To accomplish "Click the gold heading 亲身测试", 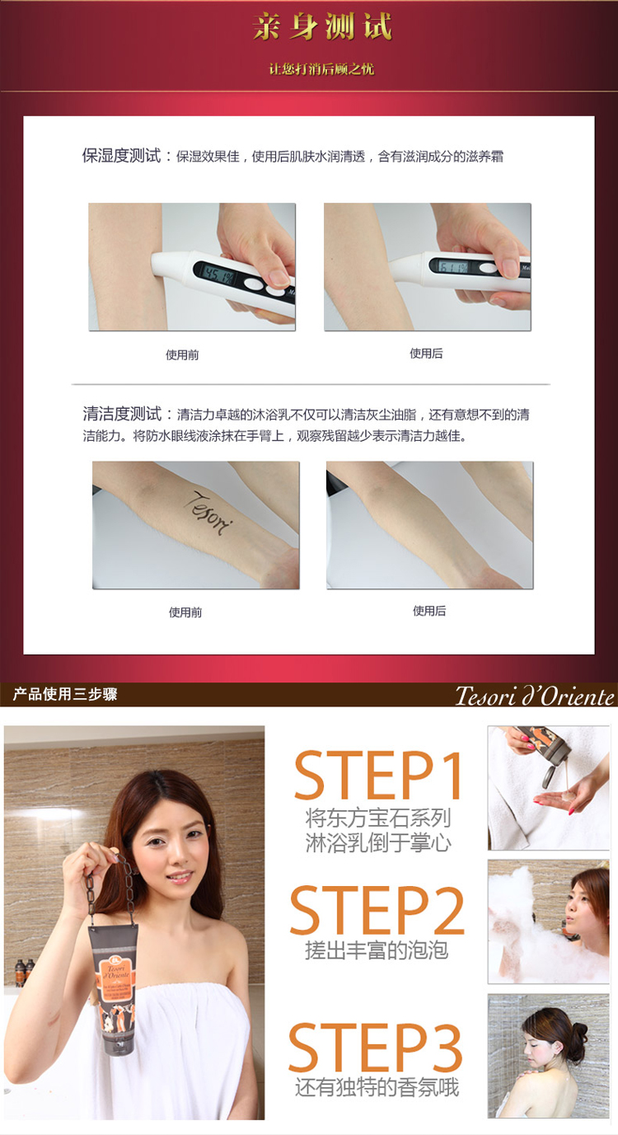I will pyautogui.click(x=322, y=28).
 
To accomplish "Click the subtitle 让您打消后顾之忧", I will pyautogui.click(x=321, y=69).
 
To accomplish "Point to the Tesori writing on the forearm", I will pyautogui.click(x=212, y=512).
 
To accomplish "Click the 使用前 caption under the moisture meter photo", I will pyautogui.click(x=182, y=355).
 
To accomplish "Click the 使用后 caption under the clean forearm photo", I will pyautogui.click(x=428, y=611).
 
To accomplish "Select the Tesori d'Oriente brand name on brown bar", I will pyautogui.click(x=535, y=696).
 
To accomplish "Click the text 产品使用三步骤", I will pyautogui.click(x=65, y=695).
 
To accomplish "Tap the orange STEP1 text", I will pyautogui.click(x=378, y=775).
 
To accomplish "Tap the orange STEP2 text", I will pyautogui.click(x=377, y=910).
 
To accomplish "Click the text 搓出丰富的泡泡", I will pyautogui.click(x=377, y=950).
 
